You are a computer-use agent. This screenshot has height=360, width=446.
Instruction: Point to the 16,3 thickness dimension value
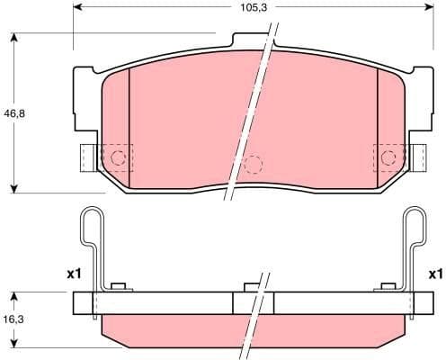(11, 319)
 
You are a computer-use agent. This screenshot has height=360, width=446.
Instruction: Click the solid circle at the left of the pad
(118, 158)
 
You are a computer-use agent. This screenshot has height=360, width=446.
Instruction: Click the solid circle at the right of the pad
(388, 158)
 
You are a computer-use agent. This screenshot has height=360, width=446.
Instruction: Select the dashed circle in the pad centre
(254, 165)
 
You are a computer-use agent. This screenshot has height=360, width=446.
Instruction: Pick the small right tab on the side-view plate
(389, 287)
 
